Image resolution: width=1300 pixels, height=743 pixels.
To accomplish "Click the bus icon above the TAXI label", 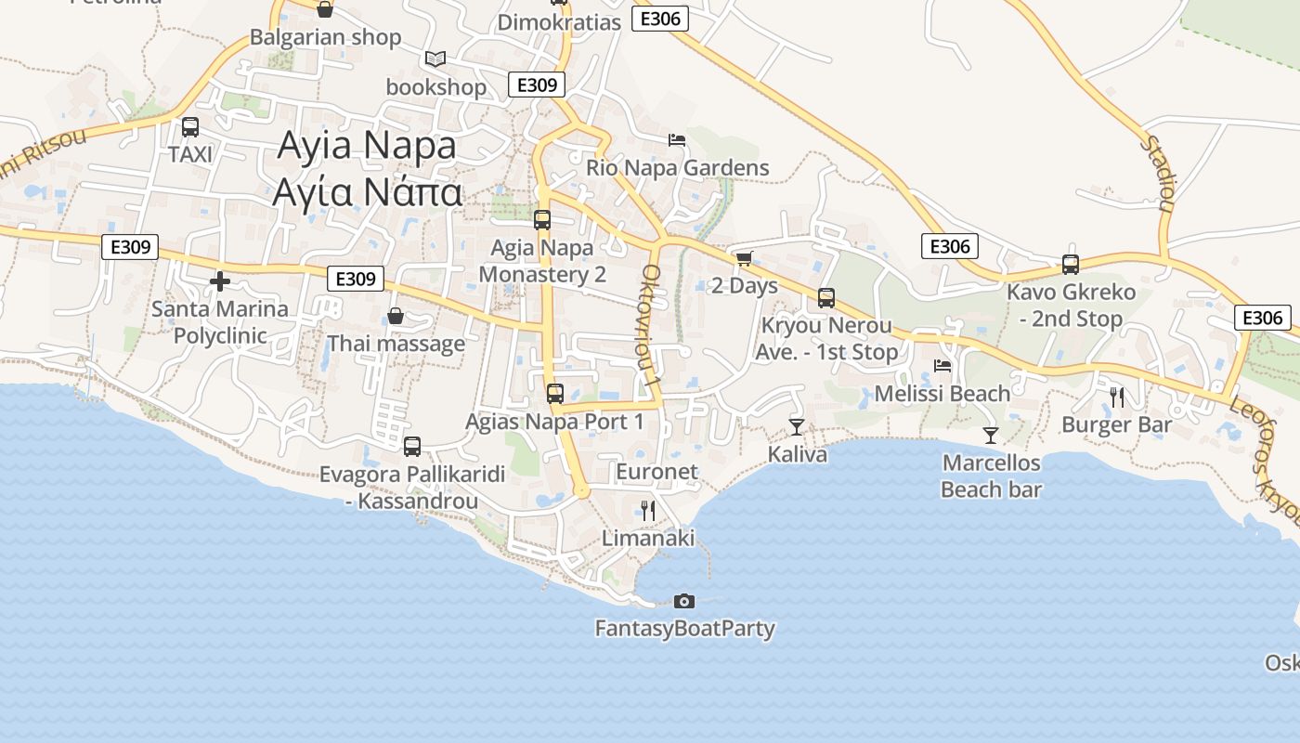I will (x=189, y=127).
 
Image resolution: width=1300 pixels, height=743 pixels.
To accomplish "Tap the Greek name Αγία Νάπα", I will (x=367, y=192).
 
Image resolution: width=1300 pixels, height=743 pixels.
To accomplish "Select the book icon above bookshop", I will (x=435, y=59).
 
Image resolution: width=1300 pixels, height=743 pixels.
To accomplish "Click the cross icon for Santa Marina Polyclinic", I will (x=220, y=280).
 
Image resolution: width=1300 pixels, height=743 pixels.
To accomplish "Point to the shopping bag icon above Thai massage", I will (x=396, y=317).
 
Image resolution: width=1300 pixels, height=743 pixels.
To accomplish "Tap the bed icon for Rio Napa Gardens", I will (x=677, y=140).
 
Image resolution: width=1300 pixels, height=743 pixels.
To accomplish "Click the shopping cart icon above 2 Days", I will (x=744, y=258).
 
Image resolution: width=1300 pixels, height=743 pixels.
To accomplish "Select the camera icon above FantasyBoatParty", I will (x=684, y=601).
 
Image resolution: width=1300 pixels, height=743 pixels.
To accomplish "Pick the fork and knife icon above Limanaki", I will (x=648, y=510).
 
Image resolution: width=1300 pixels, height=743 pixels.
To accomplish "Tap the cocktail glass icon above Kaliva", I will (x=796, y=426).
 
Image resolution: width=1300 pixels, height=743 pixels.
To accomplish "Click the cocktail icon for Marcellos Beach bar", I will (x=991, y=435).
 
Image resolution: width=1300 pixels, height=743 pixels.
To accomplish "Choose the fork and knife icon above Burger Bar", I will (x=1117, y=398).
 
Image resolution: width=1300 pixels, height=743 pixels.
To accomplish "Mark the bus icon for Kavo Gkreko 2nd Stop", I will (x=1071, y=265).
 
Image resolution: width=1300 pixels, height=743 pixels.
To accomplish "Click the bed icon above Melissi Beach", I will (x=942, y=366).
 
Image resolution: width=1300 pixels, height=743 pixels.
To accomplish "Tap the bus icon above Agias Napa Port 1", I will (x=555, y=394).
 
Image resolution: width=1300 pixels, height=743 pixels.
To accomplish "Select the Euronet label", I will (x=656, y=471).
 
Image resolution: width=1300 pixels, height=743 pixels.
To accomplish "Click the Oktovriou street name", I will (x=650, y=326).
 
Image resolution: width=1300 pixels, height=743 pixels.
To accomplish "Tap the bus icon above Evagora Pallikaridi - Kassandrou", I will (x=412, y=447).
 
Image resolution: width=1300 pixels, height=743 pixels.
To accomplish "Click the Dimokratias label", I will (x=559, y=22).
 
